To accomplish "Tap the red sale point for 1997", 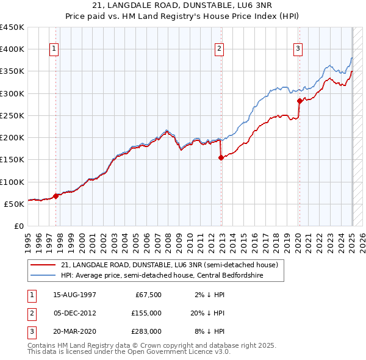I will click(56, 196).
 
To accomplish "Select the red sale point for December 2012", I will click(221, 157).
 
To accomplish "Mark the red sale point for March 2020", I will click(300, 101).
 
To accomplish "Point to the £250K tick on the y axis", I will click(12, 115).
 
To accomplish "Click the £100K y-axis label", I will click(12, 182).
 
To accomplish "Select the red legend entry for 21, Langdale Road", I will click(170, 265).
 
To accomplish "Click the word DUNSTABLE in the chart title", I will click(196, 5).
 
